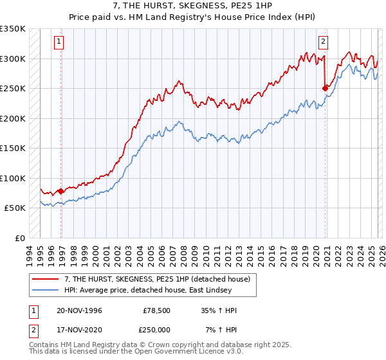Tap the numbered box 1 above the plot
click(59, 42)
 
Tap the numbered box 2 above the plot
click(323, 42)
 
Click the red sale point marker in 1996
click(61, 191)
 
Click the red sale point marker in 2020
click(325, 88)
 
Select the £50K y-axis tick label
click(14, 208)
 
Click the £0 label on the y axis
click(19, 238)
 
